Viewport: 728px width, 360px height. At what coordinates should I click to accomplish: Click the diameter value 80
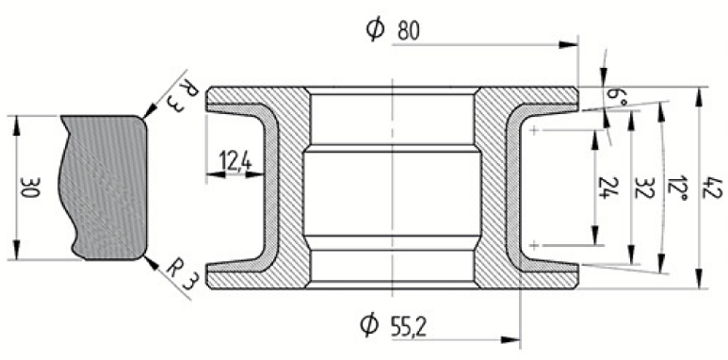click(408, 31)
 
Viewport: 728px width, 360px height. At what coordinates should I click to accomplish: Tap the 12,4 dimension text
click(235, 163)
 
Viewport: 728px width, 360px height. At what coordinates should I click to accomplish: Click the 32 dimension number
click(643, 188)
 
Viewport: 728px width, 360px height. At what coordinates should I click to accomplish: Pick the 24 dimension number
click(605, 188)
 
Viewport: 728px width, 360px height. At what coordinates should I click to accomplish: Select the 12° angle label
click(678, 188)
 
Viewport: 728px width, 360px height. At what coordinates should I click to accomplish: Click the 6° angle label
click(615, 97)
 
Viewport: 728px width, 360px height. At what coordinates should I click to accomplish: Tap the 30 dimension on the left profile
click(30, 188)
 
